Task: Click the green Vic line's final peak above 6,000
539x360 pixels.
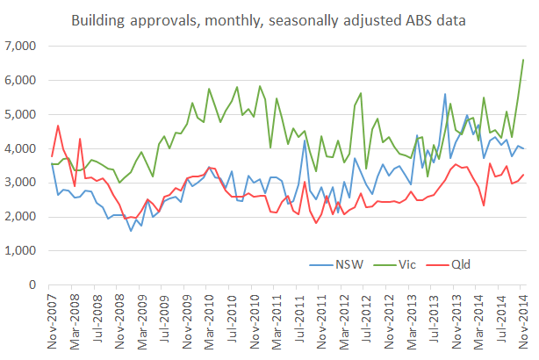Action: pyautogui.click(x=524, y=60)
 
